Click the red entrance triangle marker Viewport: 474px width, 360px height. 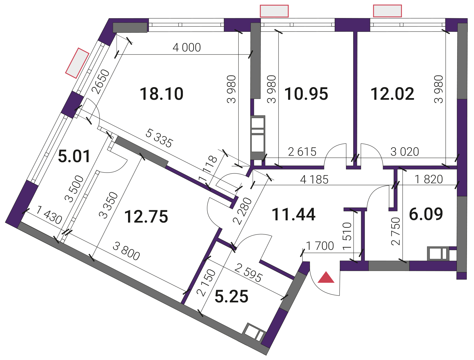(326, 277)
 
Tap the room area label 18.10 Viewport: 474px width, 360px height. (161, 94)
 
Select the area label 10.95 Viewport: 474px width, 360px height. (306, 94)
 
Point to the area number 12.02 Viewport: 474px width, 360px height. (392, 94)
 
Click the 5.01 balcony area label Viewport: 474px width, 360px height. (74, 156)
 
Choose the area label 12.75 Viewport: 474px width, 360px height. (146, 217)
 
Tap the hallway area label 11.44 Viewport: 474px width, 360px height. (294, 214)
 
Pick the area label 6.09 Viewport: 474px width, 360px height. (426, 214)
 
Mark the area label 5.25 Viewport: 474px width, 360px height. (231, 296)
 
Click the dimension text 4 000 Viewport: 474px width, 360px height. (187, 47)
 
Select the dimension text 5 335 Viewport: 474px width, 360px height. (159, 138)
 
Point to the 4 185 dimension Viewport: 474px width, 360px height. (314, 180)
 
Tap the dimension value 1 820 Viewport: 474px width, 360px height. (429, 179)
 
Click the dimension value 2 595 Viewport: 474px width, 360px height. (248, 273)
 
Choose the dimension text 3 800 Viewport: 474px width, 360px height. (126, 251)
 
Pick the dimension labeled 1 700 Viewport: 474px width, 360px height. (320, 246)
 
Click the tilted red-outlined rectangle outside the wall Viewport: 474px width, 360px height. (77, 63)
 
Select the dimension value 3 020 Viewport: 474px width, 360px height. (405, 152)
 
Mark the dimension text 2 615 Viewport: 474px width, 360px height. (302, 152)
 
